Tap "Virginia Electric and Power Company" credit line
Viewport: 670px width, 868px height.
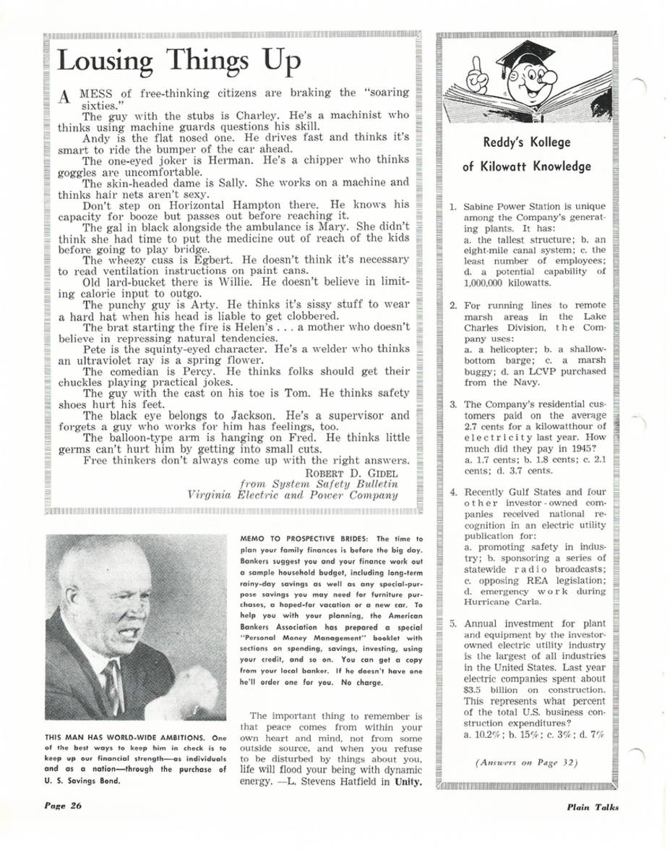click(292, 495)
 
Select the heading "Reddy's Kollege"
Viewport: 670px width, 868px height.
click(526, 143)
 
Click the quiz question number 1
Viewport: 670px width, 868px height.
click(452, 206)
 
